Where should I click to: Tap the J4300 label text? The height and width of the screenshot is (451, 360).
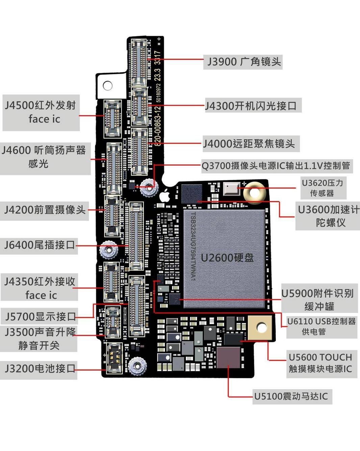coord(251,106)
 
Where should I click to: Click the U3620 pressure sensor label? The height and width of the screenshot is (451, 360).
coord(323,188)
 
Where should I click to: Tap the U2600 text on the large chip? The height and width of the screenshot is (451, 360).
coord(227,258)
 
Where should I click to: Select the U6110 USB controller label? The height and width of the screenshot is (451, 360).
coord(321,326)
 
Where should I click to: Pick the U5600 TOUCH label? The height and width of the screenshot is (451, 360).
coord(320,363)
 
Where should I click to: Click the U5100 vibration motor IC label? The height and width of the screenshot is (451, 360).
coord(291,396)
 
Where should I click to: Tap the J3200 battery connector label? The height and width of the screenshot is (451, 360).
coord(40,368)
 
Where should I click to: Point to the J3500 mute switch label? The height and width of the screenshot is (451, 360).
coord(40,339)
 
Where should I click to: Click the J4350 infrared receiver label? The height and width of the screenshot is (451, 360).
coord(40,288)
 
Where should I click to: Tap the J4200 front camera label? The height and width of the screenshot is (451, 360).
coord(45,210)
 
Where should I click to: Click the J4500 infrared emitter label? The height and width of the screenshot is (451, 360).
coord(41,112)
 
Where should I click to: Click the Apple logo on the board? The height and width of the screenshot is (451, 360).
coord(164,196)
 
